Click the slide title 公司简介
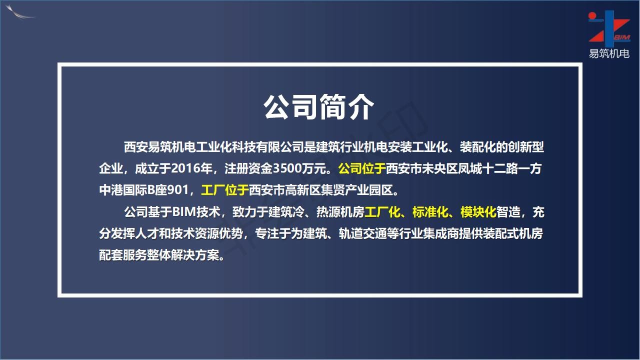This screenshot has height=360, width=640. point(318,107)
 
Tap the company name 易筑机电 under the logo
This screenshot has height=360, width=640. point(609,53)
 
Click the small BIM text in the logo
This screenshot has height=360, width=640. point(622,37)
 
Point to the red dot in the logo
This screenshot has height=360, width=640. point(592,15)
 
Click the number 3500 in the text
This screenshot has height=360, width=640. point(285,168)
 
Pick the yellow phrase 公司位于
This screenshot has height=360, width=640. point(361,168)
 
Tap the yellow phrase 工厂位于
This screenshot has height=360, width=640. point(224,190)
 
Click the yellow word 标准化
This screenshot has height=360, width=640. point(430,212)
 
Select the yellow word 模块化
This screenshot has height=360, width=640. point(478,212)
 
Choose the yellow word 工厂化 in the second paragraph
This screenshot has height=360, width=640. point(382,212)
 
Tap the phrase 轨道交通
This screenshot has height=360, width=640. point(362,233)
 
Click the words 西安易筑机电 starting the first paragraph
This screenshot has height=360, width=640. point(159,147)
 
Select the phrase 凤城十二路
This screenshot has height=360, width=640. point(487,168)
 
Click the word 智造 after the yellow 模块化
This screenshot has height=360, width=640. point(508,212)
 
